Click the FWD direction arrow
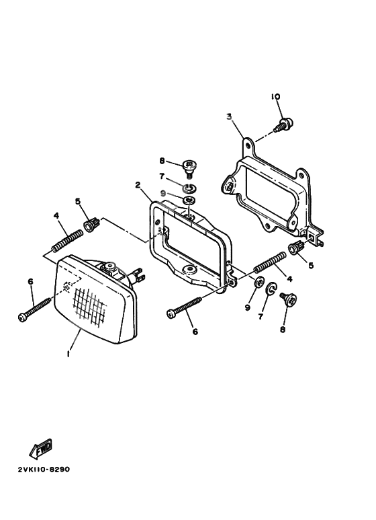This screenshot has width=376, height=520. coord(41,448)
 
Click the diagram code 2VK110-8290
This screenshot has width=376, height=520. coord(44,470)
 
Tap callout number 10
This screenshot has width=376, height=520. coord(275,96)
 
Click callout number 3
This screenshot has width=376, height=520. coord(229,116)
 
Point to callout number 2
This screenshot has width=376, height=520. coord(138,185)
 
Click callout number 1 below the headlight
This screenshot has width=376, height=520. coord(68,354)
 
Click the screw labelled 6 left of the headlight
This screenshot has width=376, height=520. coord(34,308)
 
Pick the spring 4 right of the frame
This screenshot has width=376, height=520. coord(270,261)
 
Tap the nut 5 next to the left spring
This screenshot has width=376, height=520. coord(92,224)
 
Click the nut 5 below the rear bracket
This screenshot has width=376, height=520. coord(297,248)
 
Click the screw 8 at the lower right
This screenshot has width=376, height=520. coord(289,300)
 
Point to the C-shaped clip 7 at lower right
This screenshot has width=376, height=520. coord(272,288)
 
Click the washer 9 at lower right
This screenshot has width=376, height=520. coord(258,282)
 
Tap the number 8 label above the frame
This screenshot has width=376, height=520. coord(162,161)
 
